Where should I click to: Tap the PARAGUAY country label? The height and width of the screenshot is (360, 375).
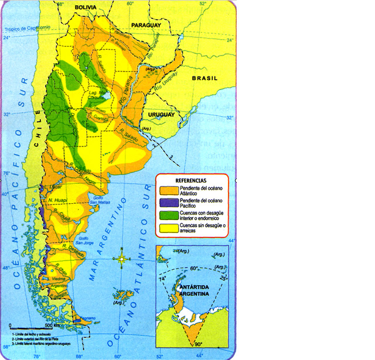coord(149,25)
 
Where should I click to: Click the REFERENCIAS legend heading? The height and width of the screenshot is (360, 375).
coord(189,180)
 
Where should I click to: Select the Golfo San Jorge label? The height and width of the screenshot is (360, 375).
coord(83,241)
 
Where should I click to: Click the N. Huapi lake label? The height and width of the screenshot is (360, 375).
coord(59,201)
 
